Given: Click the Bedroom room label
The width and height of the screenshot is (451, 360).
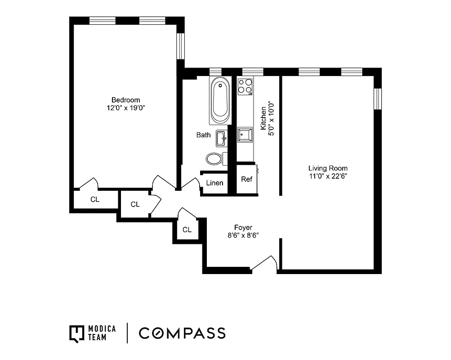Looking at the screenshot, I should (125, 100).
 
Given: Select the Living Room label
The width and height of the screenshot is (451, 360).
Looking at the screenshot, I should (327, 168).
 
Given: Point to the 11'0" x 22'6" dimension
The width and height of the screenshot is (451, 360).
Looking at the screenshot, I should (327, 176).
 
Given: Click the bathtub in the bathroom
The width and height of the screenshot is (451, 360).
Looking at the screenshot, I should (220, 100).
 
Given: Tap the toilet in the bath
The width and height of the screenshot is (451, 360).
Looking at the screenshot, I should (215, 158).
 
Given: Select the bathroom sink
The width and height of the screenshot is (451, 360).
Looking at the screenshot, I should (221, 139).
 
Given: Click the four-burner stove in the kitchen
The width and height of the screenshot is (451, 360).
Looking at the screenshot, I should (245, 86).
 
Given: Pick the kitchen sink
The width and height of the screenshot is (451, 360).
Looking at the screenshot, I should (245, 134).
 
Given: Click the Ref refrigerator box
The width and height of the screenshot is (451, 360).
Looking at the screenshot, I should (246, 179).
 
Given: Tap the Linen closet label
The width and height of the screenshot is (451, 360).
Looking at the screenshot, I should (214, 183).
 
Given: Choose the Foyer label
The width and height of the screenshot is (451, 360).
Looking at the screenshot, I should (243, 227).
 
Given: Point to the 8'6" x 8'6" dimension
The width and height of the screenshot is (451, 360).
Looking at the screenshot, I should (243, 235).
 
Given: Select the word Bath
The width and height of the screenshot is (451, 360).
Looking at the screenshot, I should (203, 135).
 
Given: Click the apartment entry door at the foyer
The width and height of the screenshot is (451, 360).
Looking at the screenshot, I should (264, 265).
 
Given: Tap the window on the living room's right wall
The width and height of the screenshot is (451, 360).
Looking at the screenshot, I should (378, 99).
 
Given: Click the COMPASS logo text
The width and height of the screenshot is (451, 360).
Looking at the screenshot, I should (182, 333).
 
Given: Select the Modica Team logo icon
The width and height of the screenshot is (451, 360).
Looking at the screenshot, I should (77, 333).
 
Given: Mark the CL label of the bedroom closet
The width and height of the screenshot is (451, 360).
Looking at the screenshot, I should (94, 199).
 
